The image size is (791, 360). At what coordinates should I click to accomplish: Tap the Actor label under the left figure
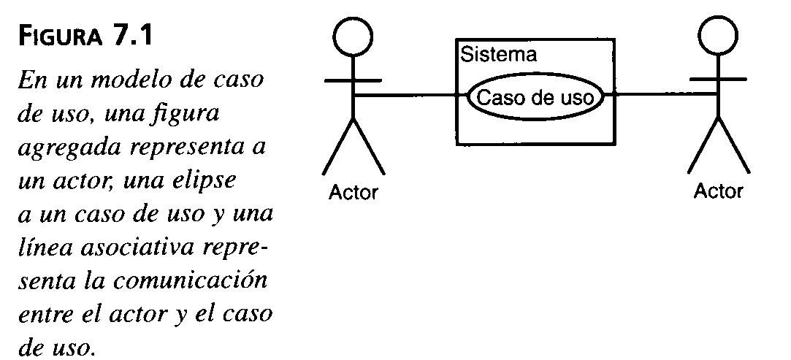[354, 193]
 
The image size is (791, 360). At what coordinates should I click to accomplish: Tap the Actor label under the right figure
[718, 191]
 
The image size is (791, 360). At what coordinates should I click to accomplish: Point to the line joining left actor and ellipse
[409, 95]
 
